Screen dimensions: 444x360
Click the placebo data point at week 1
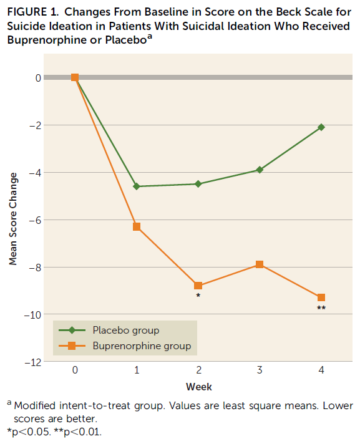click(137, 186)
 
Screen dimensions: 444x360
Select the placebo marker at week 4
click(321, 127)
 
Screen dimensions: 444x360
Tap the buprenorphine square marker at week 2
click(198, 286)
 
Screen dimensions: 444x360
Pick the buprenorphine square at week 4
click(321, 297)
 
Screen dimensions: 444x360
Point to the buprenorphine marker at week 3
click(260, 264)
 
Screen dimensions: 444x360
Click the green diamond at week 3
click(260, 170)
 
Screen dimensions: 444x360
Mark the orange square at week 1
click(137, 226)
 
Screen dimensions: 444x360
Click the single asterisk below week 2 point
click(198, 296)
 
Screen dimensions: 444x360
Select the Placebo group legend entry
click(125, 330)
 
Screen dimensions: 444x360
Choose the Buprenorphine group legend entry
click(141, 345)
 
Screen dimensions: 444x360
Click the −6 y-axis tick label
click(35, 220)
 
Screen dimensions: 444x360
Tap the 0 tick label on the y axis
click(38, 78)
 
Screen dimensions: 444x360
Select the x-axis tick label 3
click(260, 370)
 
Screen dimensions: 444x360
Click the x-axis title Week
click(198, 387)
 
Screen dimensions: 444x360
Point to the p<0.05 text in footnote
click(27, 431)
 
